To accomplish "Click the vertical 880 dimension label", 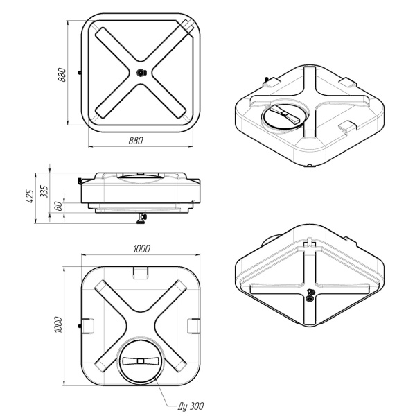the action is [62, 75].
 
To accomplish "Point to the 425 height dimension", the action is [30, 196].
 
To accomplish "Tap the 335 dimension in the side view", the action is [44, 191].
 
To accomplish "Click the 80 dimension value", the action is [59, 206].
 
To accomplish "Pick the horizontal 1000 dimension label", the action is [142, 249].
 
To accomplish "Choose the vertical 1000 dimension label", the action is [58, 324].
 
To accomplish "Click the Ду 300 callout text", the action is [191, 406].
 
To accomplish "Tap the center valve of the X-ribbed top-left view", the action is [141, 72].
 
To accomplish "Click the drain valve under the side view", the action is [141, 218].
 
